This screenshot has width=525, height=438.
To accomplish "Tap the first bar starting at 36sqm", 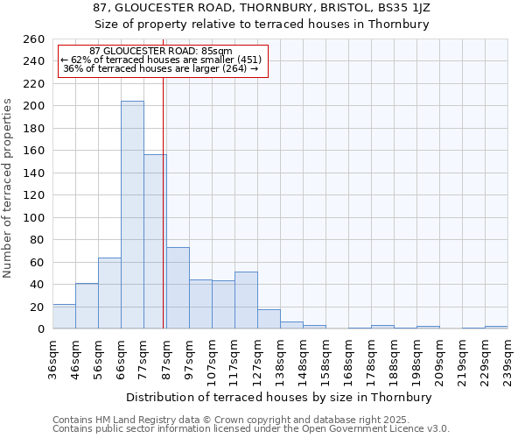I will [x=64, y=317].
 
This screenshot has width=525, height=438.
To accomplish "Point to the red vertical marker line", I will [x=164, y=201].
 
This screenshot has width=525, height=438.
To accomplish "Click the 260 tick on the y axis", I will [x=35, y=39].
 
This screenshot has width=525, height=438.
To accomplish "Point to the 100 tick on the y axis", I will [x=35, y=217].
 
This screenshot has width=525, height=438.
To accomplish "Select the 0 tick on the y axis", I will [x=41, y=329].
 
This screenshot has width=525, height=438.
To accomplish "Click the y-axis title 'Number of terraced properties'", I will [x=8, y=188].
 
